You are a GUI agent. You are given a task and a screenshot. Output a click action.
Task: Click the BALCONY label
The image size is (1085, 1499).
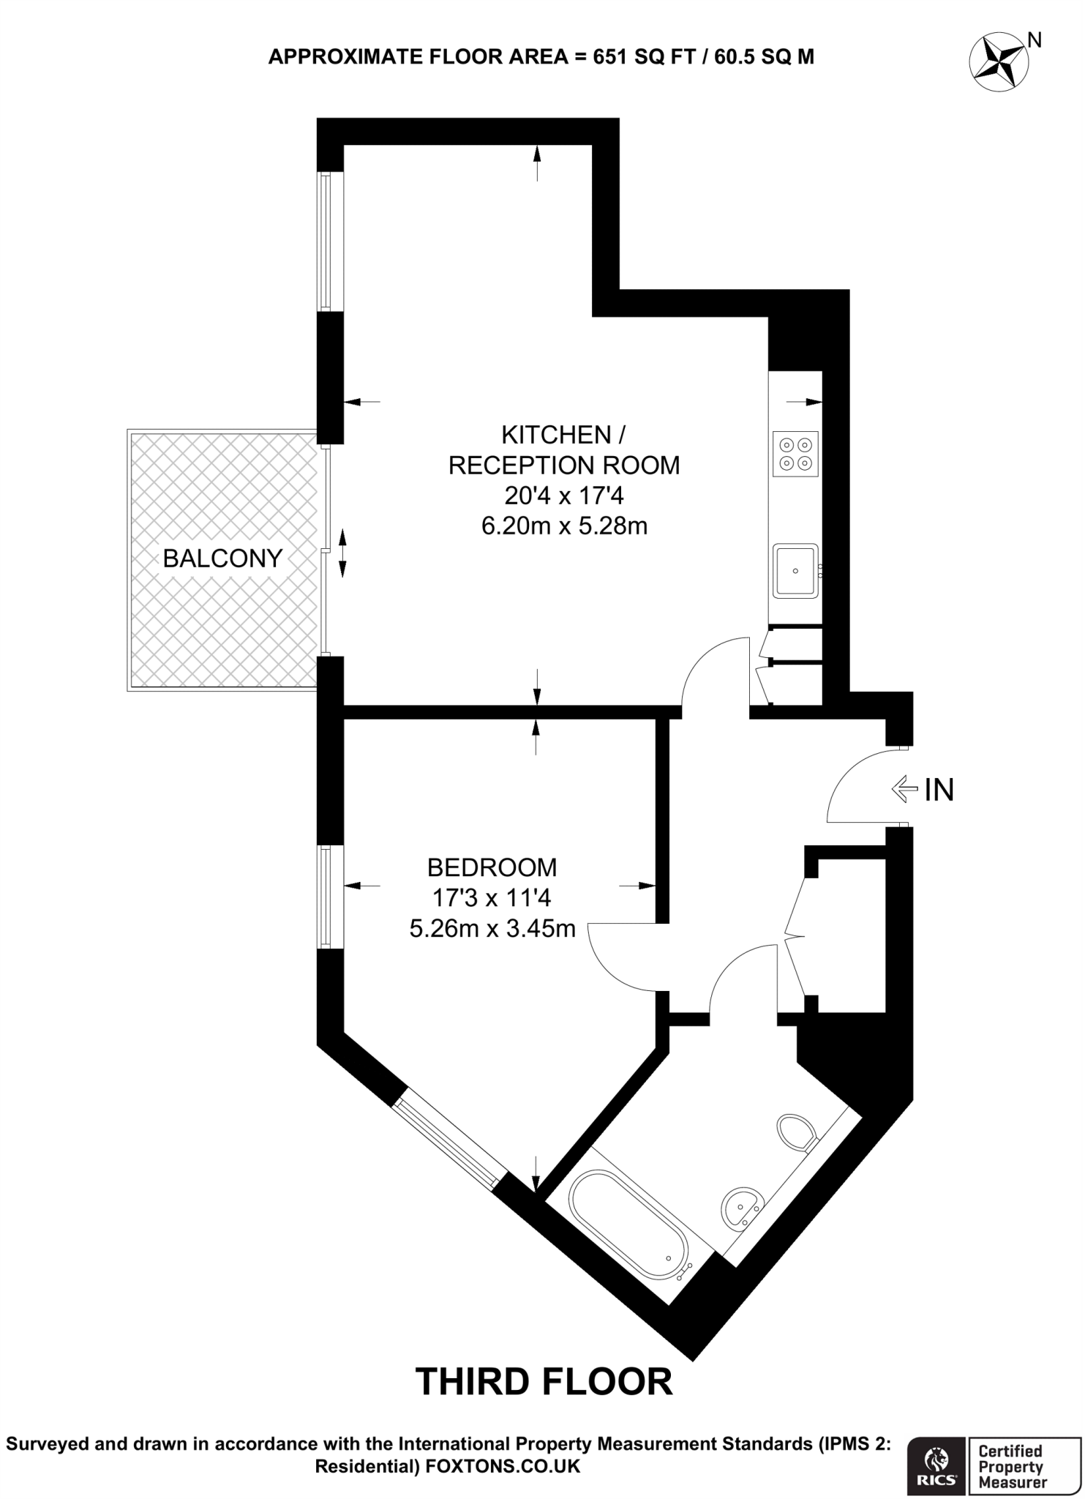222,558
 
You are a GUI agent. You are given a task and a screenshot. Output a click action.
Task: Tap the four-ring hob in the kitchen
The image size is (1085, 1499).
795,454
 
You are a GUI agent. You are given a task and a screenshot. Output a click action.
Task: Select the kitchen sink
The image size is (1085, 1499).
795,571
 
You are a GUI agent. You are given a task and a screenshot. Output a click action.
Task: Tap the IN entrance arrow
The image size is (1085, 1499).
905,789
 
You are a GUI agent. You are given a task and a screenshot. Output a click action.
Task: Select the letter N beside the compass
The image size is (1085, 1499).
1035,41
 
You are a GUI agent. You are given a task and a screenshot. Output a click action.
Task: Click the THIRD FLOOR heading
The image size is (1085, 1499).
544,1382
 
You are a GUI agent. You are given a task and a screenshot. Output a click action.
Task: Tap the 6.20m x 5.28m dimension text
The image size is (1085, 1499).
564,526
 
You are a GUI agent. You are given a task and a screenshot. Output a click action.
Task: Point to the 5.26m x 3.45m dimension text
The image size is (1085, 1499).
492,929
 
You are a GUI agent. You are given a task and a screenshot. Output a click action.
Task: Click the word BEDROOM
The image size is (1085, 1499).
492,867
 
